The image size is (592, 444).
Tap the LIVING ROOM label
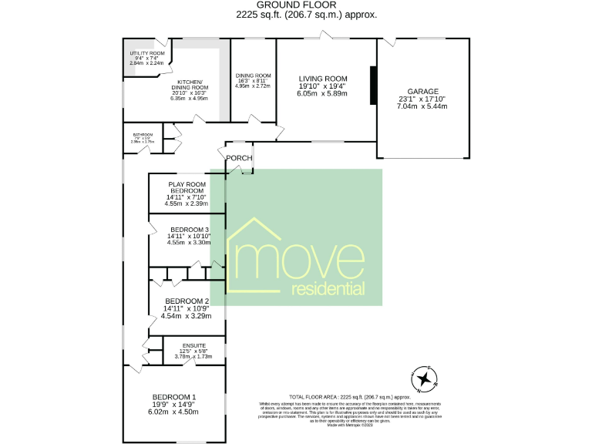(x=324, y=78)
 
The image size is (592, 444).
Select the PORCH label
(x=239, y=158)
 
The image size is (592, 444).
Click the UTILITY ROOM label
(x=147, y=53)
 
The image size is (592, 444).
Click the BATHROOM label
(x=143, y=133)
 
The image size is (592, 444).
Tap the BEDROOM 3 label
(x=190, y=230)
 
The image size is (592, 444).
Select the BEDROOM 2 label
(x=187, y=301)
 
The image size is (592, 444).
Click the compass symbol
(x=424, y=378)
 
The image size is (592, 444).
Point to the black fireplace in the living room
(x=373, y=85)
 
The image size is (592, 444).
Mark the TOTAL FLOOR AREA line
(x=348, y=395)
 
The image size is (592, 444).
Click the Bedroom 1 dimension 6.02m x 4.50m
(x=173, y=412)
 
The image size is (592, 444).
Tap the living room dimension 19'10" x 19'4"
(x=324, y=86)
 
